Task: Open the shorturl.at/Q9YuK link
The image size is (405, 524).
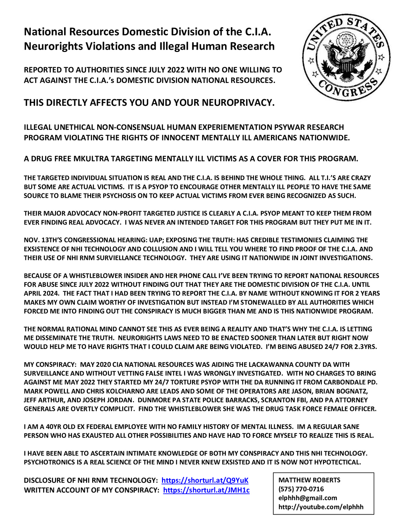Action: pos(205,480)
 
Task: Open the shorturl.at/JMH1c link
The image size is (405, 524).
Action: pos(206,490)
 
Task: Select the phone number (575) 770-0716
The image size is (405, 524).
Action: pos(301,489)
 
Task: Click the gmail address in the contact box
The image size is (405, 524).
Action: pos(307,498)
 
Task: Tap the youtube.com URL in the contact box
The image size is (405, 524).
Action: pos(321,507)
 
